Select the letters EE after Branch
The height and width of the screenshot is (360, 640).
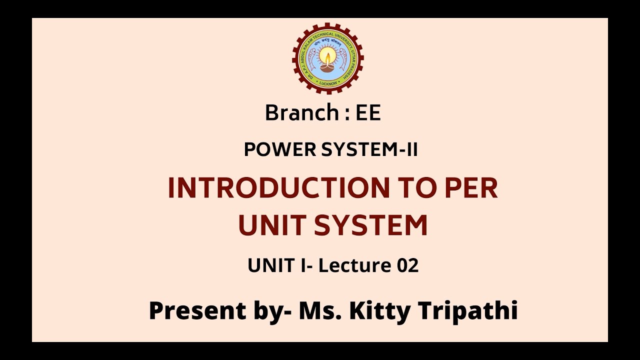pos(368,113)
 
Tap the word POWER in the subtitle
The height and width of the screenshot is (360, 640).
pos(273,149)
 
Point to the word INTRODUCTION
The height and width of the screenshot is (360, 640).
pos(278,188)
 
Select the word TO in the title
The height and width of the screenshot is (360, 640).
pos(415,188)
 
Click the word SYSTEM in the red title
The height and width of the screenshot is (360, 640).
pos(370,225)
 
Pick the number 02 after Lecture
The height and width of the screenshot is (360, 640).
pos(407,265)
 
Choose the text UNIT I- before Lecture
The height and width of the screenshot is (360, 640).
pos(280,265)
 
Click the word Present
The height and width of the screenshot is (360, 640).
pos(197,310)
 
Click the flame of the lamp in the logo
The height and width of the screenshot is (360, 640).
pos(327,55)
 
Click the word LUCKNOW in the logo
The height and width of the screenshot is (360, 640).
pos(327,83)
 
